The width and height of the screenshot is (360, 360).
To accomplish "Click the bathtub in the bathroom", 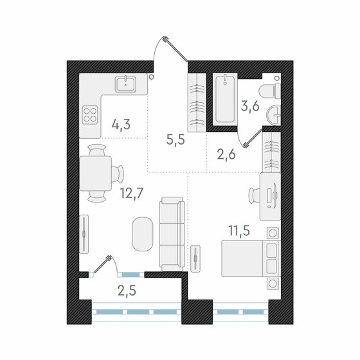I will click(224, 99).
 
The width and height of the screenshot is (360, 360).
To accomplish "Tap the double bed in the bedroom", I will click(248, 258).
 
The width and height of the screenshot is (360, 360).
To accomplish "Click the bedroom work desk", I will click(270, 193).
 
